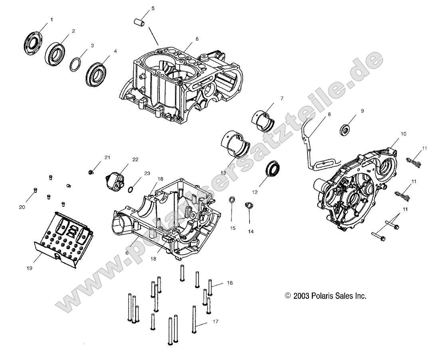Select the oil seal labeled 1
coord(31,42)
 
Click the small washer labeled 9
coord(345,129)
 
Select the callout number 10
coord(403,134)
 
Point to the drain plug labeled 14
coord(249,206)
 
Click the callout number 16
coord(230,283)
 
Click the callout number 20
coord(22,207)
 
